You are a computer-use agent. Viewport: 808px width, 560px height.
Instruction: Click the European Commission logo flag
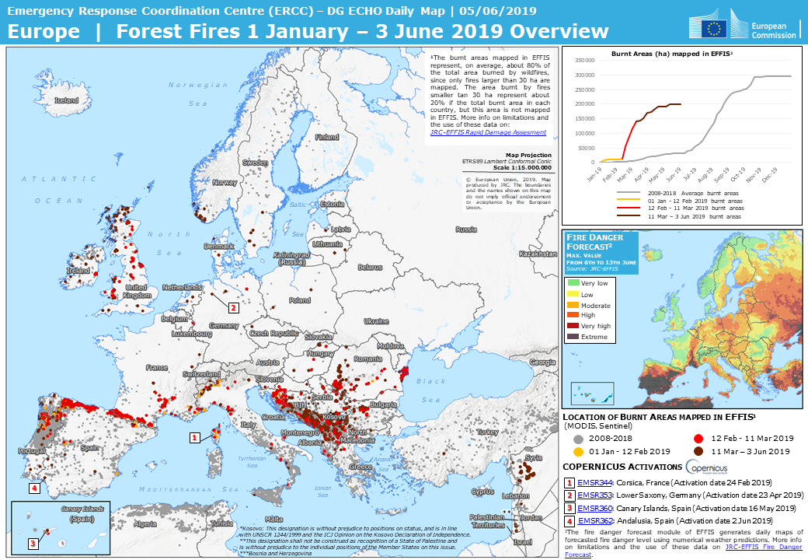tap(715, 28)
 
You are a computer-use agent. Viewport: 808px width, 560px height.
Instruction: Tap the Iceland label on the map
tap(66, 100)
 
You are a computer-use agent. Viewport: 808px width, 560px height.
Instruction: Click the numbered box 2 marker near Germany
tap(233, 307)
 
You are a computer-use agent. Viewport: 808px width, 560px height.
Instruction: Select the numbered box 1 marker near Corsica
tap(194, 438)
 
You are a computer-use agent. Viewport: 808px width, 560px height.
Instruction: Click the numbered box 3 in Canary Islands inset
tap(33, 544)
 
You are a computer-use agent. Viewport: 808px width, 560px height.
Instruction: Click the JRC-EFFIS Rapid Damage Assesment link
tap(487, 133)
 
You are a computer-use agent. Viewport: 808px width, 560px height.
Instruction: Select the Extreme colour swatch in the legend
tap(574, 337)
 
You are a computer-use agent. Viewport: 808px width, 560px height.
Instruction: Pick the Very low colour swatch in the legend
tap(574, 283)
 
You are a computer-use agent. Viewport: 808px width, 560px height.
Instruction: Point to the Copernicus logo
tap(706, 467)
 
